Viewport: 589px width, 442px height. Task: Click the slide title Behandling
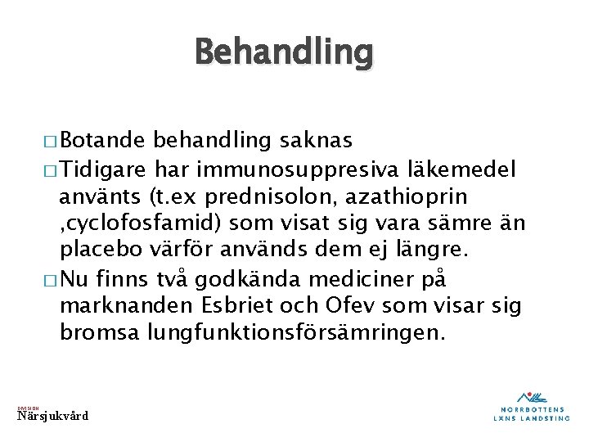[283, 53]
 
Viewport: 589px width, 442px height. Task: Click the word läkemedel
[468, 169]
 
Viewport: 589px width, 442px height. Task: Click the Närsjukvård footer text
[53, 417]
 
